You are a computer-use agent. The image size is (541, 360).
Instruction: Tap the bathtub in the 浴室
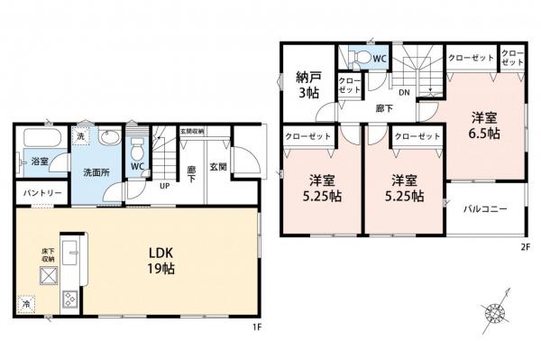pyautogui.click(x=41, y=142)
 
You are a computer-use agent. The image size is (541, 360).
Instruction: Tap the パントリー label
pyautogui.click(x=36, y=193)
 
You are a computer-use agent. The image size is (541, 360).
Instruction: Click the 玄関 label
pyautogui.click(x=218, y=168)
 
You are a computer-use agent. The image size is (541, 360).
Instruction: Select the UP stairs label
pyautogui.click(x=166, y=186)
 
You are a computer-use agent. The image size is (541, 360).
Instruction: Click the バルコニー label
pyautogui.click(x=485, y=209)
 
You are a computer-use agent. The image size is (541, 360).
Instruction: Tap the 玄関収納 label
pyautogui.click(x=191, y=131)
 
